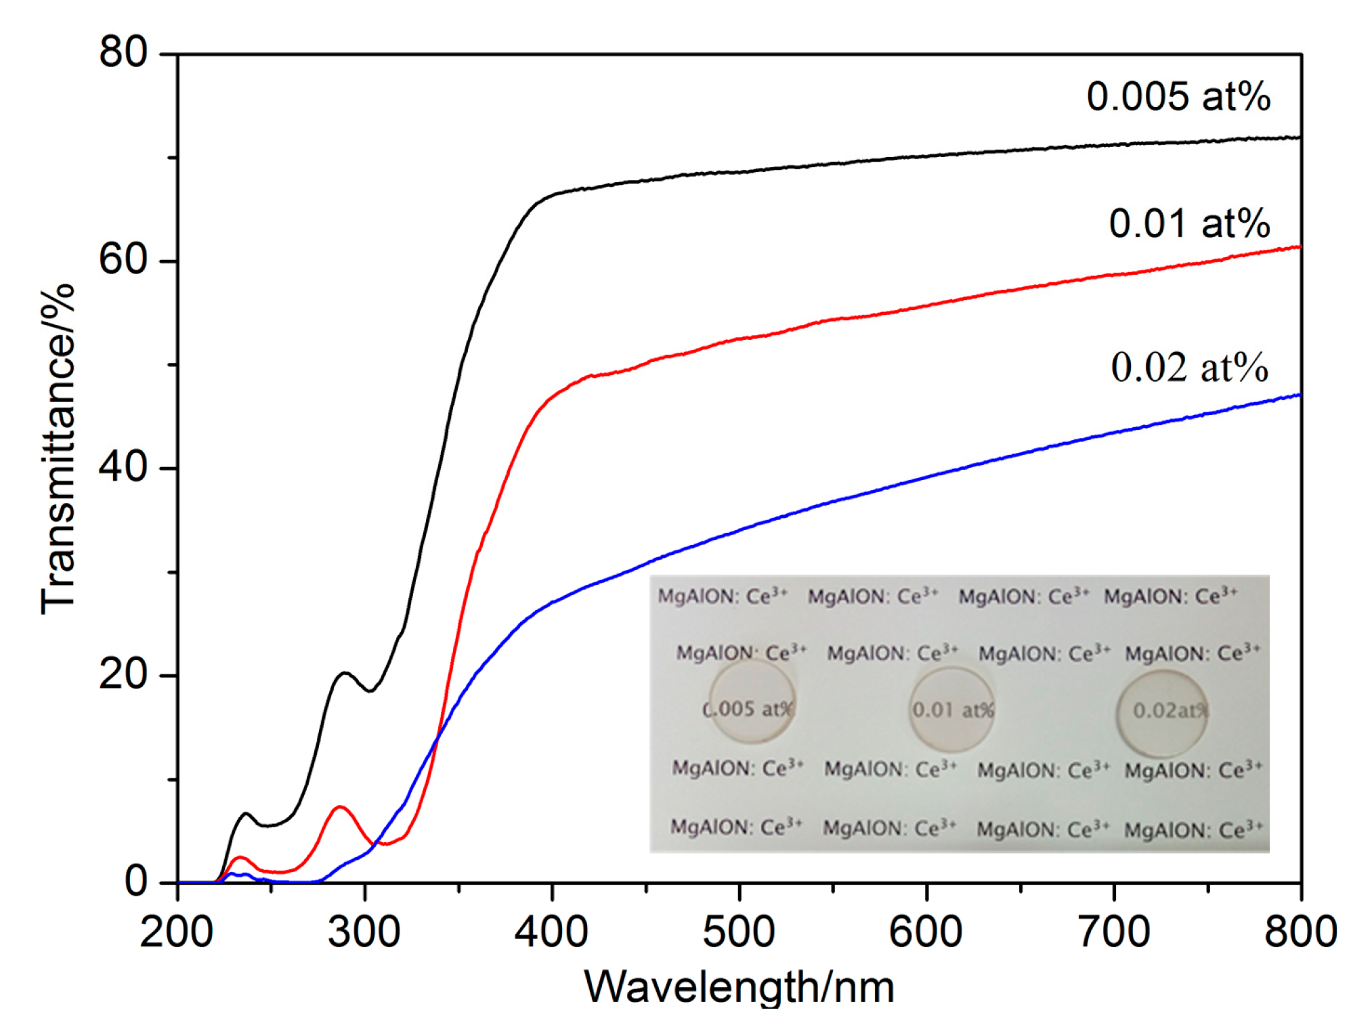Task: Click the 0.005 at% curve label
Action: pyautogui.click(x=1178, y=97)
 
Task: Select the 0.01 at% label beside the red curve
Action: pyautogui.click(x=1189, y=223)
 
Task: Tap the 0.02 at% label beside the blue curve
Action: pyautogui.click(x=1189, y=368)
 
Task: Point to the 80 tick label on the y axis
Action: pyautogui.click(x=123, y=52)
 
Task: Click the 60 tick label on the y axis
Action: pyautogui.click(x=123, y=260)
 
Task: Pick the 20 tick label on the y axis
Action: pyautogui.click(x=123, y=675)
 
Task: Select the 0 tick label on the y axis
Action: pyautogui.click(x=136, y=882)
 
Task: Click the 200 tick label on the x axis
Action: pyautogui.click(x=177, y=932)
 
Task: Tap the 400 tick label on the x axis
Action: pyautogui.click(x=551, y=932)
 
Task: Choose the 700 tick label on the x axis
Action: pyautogui.click(x=1113, y=932)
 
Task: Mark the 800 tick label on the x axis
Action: pyautogui.click(x=1300, y=932)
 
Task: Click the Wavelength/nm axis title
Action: pyautogui.click(x=739, y=986)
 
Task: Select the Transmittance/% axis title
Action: pyautogui.click(x=57, y=450)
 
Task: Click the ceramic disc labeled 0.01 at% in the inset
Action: pyautogui.click(x=951, y=709)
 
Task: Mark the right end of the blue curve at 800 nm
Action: pyautogui.click(x=1300, y=395)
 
